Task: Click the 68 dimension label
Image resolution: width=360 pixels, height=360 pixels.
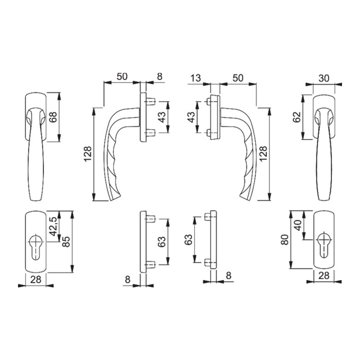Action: (53, 117)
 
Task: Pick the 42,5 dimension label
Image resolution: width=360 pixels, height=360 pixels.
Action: (52, 226)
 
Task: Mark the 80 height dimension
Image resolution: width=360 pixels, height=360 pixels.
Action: (284, 241)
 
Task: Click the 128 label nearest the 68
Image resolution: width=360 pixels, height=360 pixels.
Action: (87, 154)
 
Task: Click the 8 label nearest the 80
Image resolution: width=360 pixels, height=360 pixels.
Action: (228, 274)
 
